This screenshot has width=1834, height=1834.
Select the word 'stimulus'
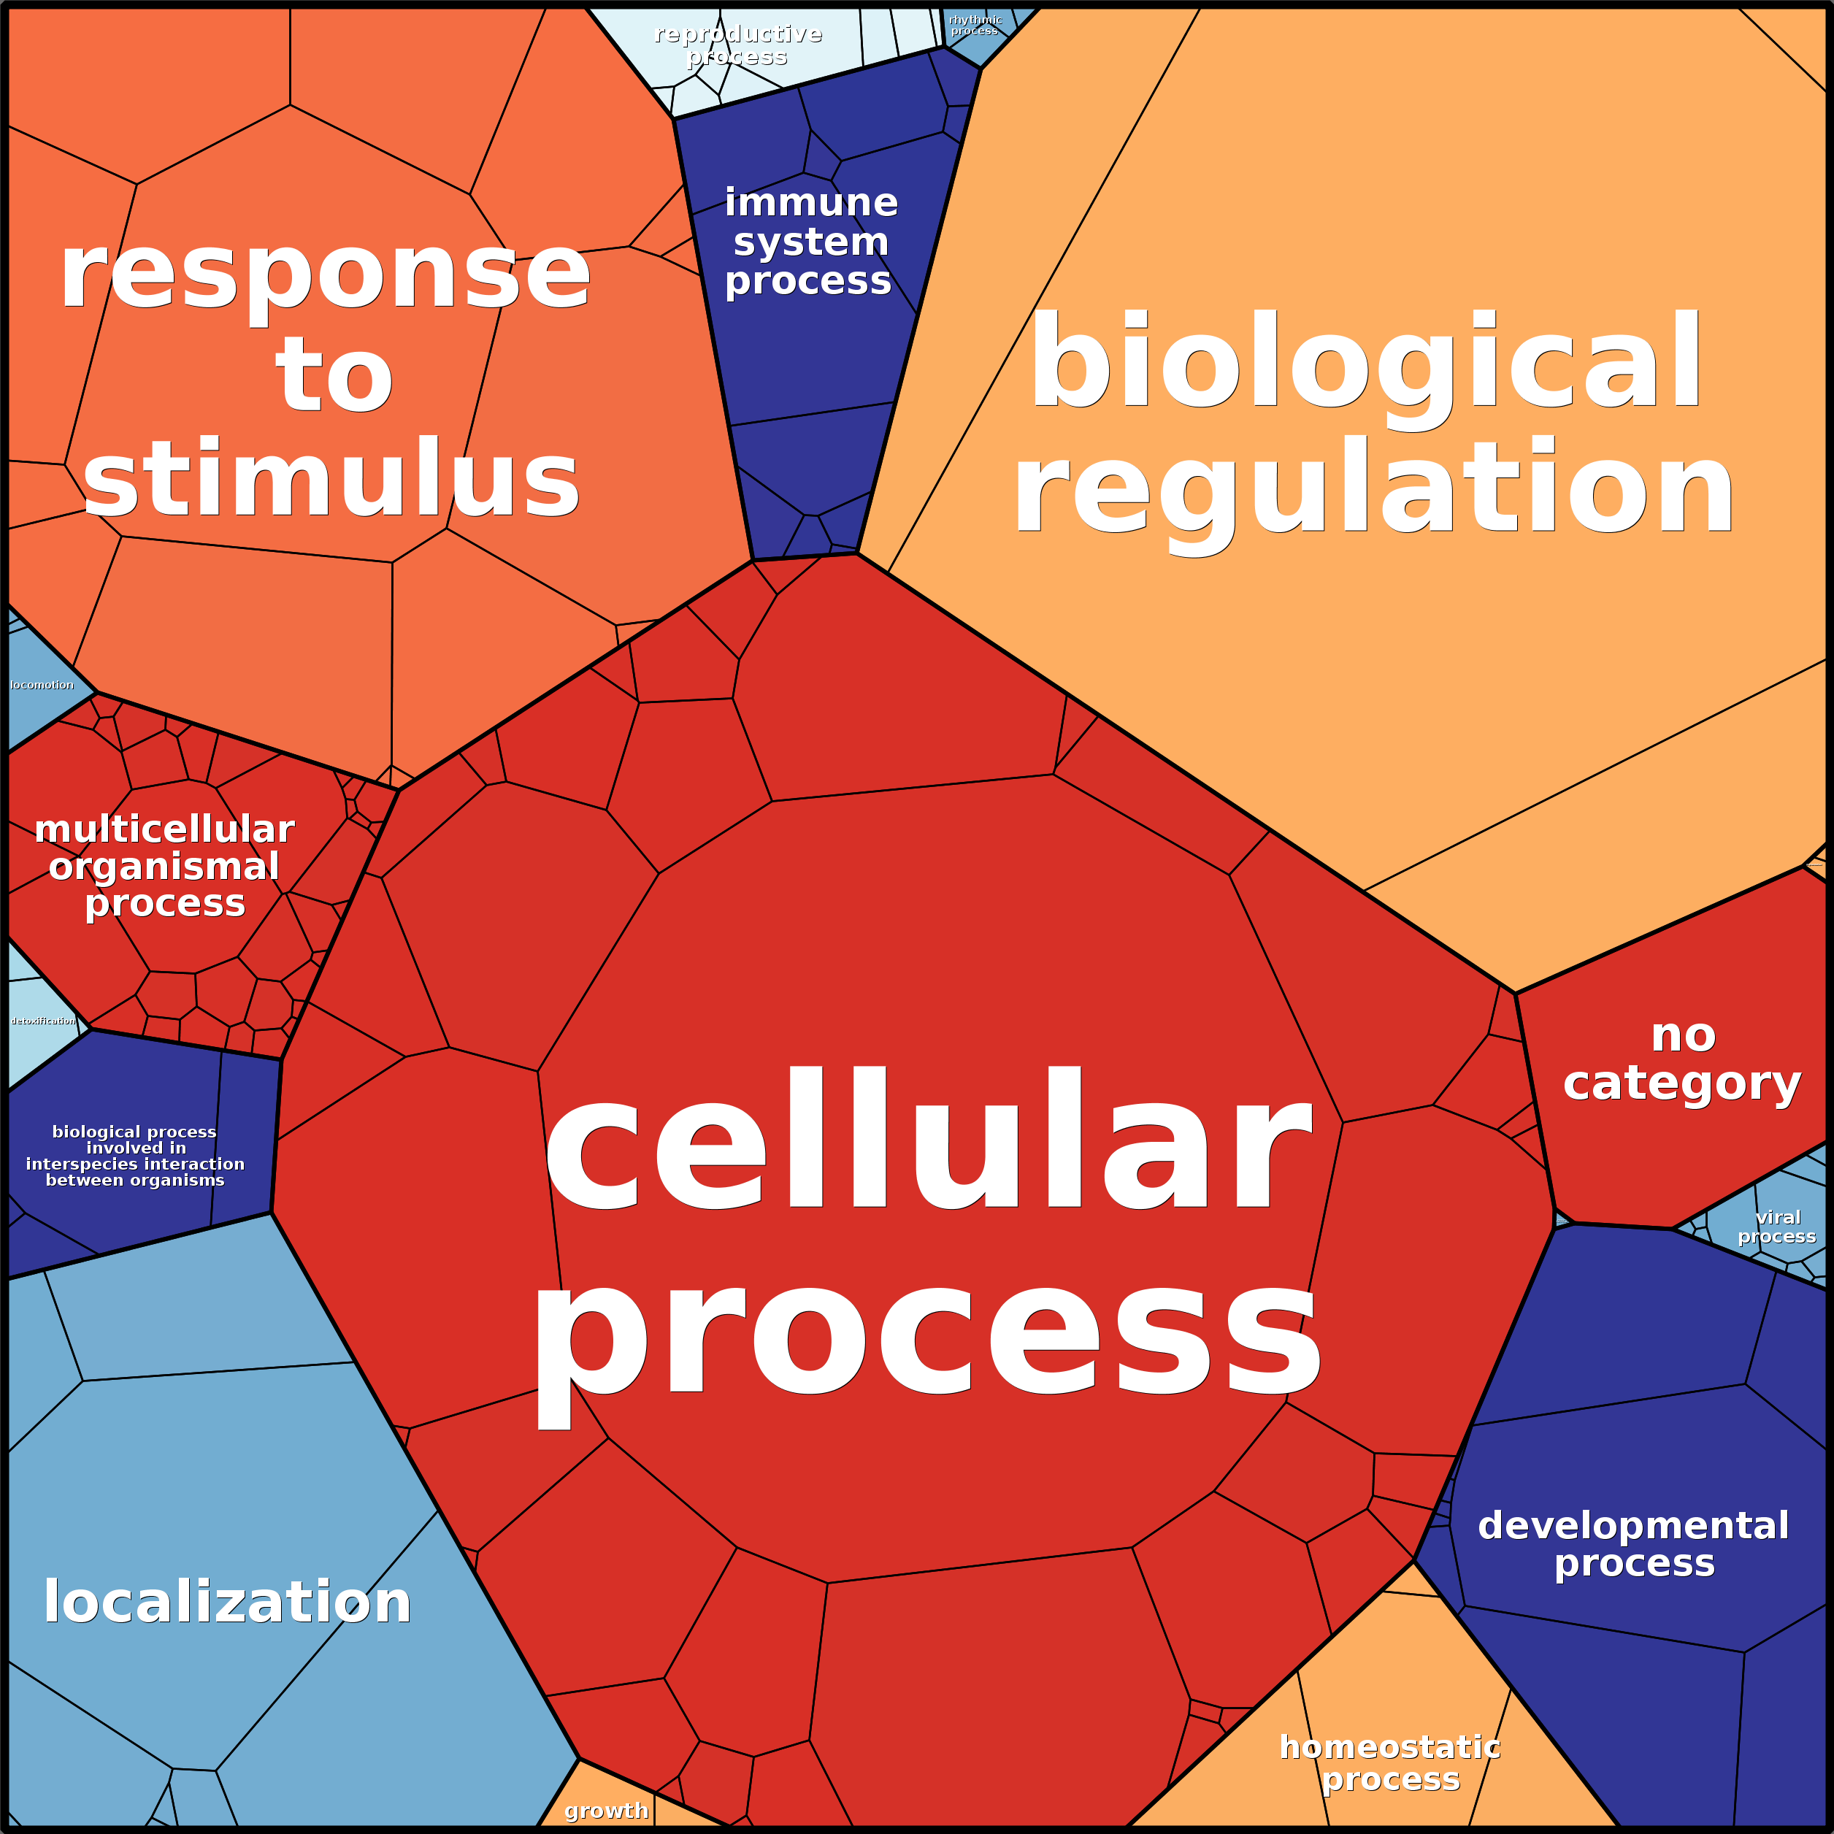point(331,480)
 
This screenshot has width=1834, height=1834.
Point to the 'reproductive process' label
point(737,45)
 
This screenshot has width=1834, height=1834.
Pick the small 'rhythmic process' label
point(975,25)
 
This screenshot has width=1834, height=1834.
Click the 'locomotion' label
point(42,684)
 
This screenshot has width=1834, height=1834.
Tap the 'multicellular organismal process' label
point(164,866)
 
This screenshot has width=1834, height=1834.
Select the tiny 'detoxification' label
point(43,1021)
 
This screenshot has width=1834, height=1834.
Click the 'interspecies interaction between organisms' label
point(135,1155)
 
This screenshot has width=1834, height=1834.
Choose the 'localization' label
point(228,1603)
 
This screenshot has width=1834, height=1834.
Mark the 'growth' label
point(607,1810)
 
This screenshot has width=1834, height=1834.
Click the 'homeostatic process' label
point(1390,1762)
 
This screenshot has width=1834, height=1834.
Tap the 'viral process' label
point(1777,1227)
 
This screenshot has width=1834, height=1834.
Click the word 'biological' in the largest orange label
point(1367,363)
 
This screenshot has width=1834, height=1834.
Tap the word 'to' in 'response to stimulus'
point(334,377)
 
